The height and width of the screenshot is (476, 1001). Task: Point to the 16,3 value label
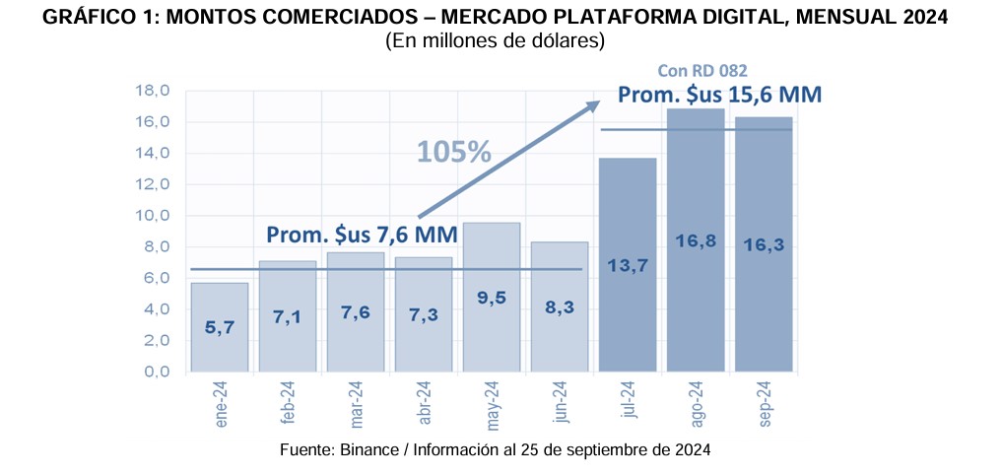[x=764, y=245]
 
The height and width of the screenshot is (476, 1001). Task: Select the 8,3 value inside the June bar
[x=559, y=306]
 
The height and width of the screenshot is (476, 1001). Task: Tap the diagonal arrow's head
[x=594, y=103]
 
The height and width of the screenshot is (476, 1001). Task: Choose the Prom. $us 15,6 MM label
[x=719, y=95]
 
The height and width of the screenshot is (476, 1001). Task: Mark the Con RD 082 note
[x=702, y=70]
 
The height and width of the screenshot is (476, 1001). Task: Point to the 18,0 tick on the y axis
[x=152, y=91]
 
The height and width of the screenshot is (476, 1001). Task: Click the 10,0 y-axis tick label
[x=152, y=216]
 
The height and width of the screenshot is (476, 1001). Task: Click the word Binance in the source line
[x=373, y=449]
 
